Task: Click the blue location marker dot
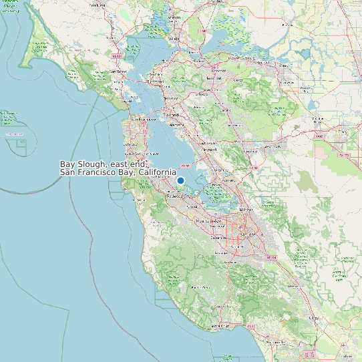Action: (x=180, y=180)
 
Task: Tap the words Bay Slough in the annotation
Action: (x=81, y=164)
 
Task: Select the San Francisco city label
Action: (x=138, y=119)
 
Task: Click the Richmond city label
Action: (x=155, y=81)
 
